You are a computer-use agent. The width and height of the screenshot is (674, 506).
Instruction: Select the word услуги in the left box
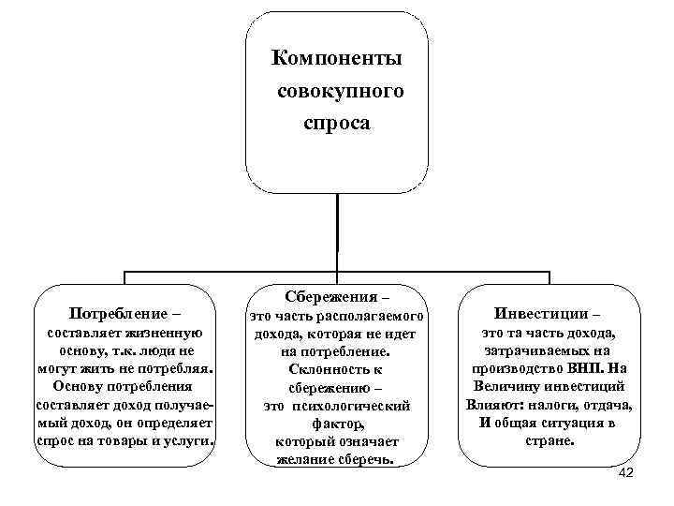coord(188,439)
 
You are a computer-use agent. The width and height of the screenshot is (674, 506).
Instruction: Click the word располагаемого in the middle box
coord(377,317)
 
